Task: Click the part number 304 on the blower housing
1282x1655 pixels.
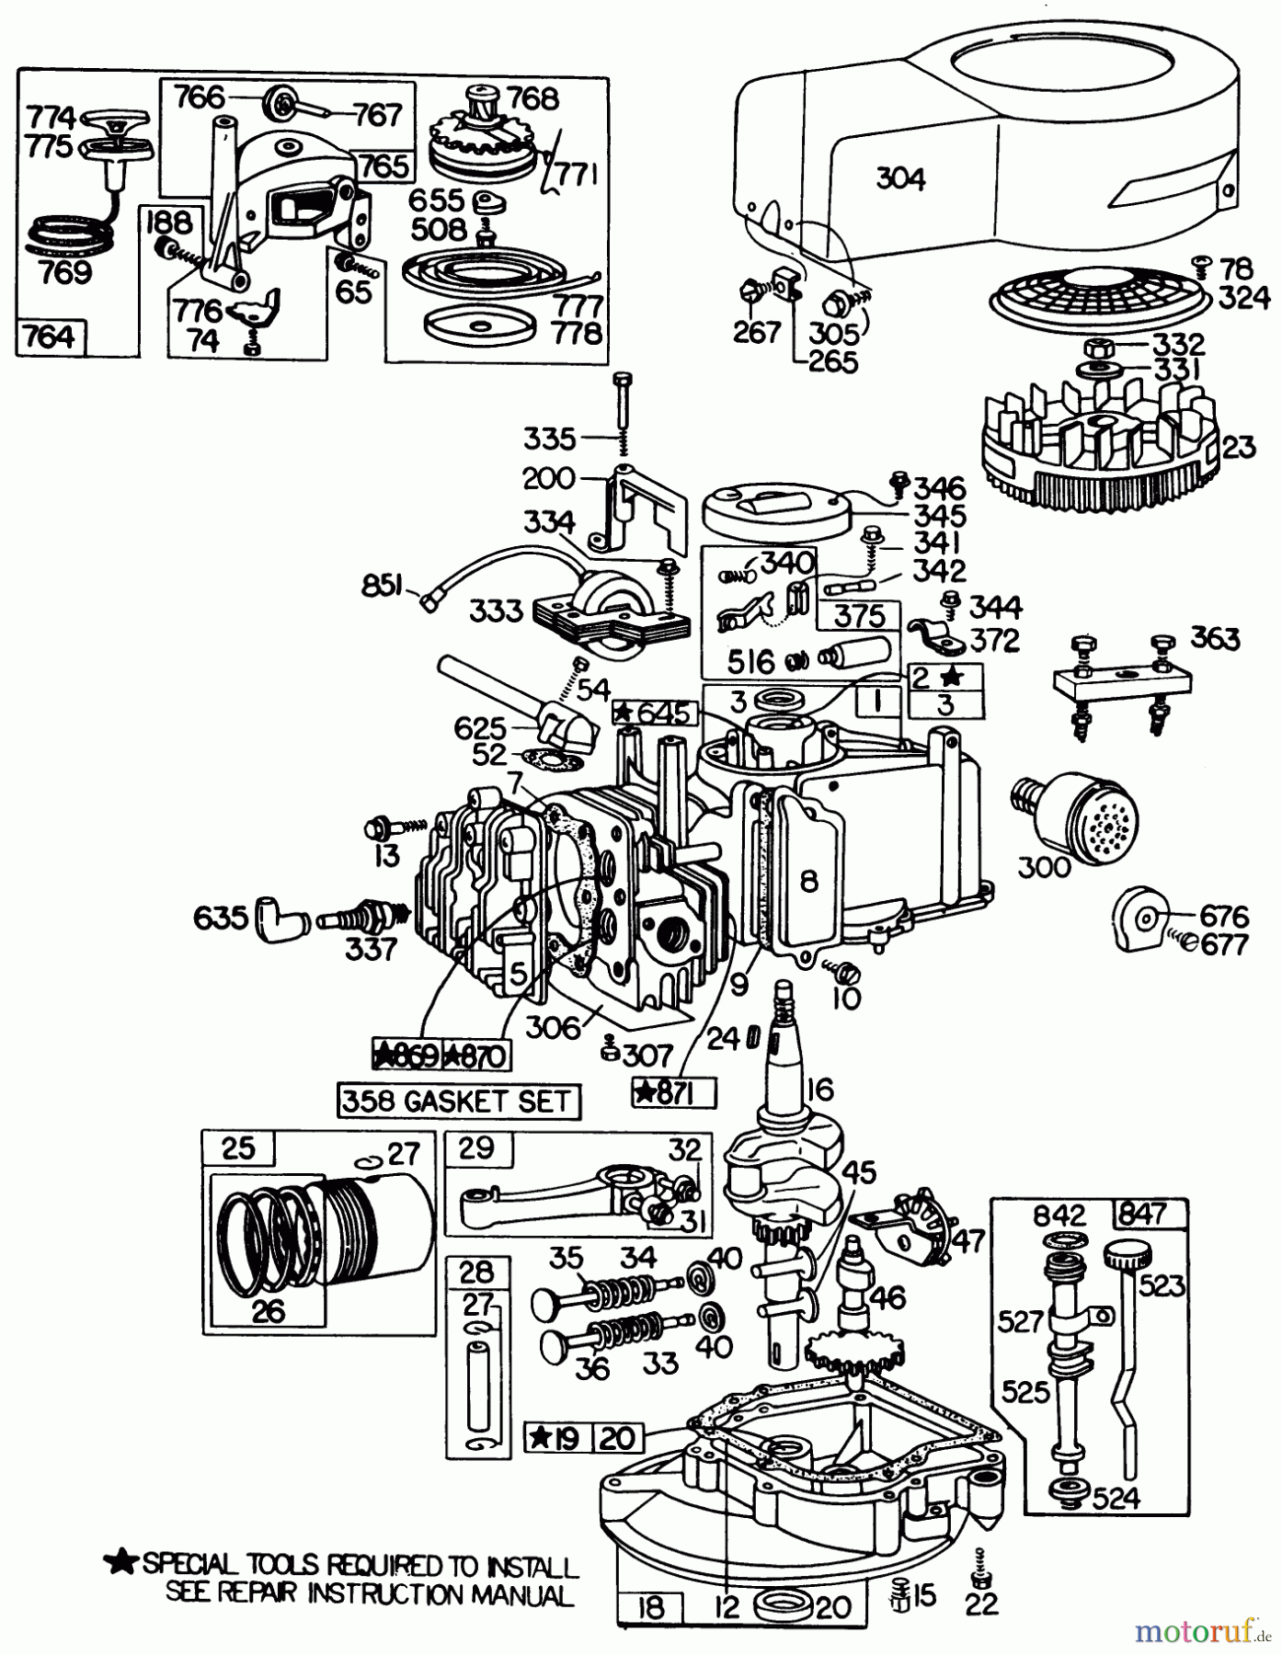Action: pos(900,178)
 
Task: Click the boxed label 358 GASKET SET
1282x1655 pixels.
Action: pos(458,1101)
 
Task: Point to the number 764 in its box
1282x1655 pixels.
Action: pos(51,337)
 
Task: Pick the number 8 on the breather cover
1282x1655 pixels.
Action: pos(808,882)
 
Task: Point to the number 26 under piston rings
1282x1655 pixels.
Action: pos(268,1309)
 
